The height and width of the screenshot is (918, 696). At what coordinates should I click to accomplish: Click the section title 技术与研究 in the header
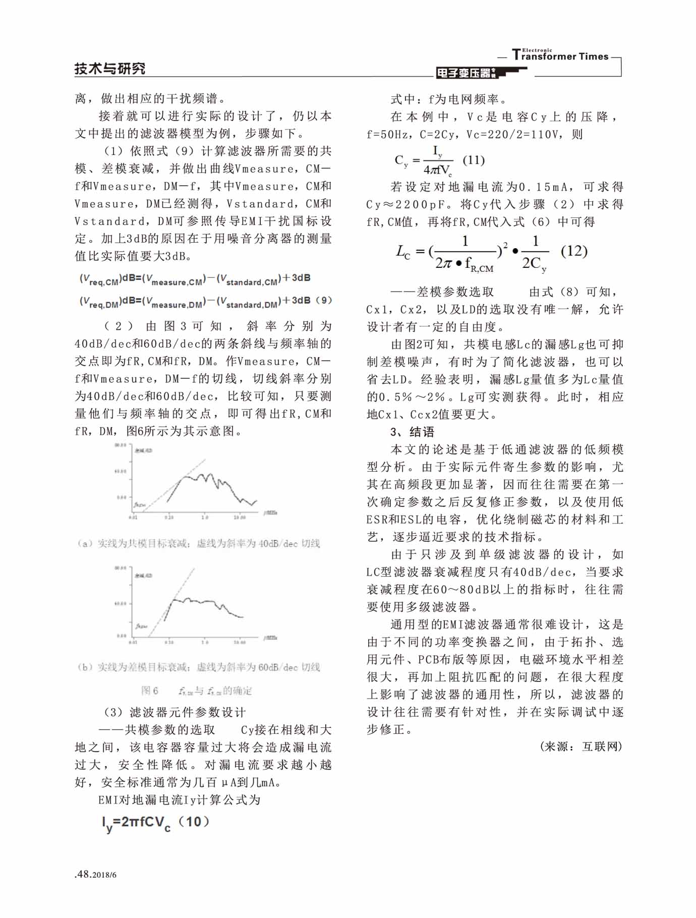pyautogui.click(x=110, y=69)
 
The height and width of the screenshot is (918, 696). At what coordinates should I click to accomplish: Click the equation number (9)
pyautogui.click(x=323, y=300)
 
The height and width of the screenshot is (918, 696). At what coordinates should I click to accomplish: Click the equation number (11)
pyautogui.click(x=473, y=160)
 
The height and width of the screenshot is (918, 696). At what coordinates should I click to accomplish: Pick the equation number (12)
pyautogui.click(x=574, y=251)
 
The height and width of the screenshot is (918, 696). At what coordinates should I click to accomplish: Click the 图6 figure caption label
pyautogui.click(x=150, y=691)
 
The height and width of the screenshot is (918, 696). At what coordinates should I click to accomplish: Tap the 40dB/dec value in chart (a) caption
pyautogui.click(x=277, y=543)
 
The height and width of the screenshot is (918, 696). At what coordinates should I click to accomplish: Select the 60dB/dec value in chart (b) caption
pyautogui.click(x=277, y=667)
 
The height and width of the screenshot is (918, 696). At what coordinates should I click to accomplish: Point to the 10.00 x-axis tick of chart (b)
pyautogui.click(x=240, y=642)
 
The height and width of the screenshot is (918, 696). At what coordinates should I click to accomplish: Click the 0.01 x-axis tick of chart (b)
pyautogui.click(x=133, y=642)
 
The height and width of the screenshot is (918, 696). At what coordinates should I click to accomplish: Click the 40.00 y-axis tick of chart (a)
pyautogui.click(x=120, y=471)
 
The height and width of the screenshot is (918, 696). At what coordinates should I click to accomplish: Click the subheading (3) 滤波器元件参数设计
pyautogui.click(x=175, y=712)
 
